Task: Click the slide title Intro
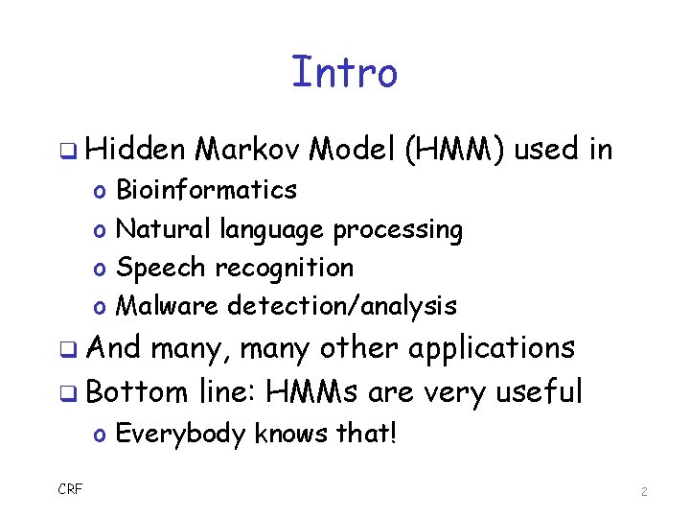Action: click(x=344, y=72)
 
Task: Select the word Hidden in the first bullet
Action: click(x=137, y=150)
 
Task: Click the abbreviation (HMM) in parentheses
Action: click(x=456, y=150)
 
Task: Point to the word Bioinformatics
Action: click(x=206, y=190)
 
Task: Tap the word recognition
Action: click(x=284, y=268)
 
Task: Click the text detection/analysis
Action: click(x=342, y=306)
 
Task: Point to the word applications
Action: click(x=492, y=347)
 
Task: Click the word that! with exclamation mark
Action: click(x=367, y=434)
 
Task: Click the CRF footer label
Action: click(x=70, y=490)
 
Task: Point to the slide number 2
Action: click(x=644, y=491)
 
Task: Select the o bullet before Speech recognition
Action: click(x=100, y=269)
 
